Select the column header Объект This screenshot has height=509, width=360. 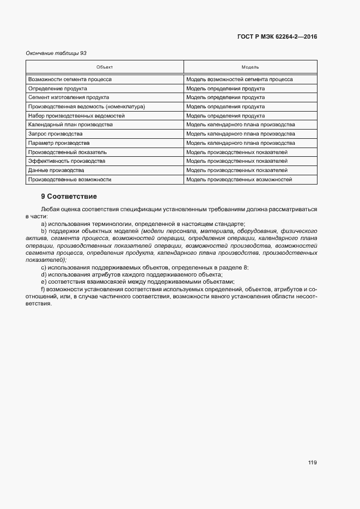click(x=105, y=67)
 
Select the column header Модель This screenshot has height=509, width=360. click(x=250, y=67)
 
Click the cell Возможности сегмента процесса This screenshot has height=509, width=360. click(x=70, y=79)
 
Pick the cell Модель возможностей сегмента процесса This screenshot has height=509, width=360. click(x=239, y=79)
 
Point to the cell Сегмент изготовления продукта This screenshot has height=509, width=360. click(x=65, y=97)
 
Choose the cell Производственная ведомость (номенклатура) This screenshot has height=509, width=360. click(x=86, y=107)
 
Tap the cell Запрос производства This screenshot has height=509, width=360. click(x=55, y=134)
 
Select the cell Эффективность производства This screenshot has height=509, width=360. click(x=66, y=161)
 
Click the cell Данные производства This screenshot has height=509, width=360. click(x=56, y=170)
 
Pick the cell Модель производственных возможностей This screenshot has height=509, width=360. click(x=239, y=179)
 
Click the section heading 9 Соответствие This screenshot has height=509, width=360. click(x=69, y=196)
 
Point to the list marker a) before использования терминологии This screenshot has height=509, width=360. click(x=44, y=224)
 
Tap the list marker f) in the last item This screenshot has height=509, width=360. click(x=43, y=289)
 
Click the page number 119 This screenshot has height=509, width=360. click(x=312, y=463)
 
